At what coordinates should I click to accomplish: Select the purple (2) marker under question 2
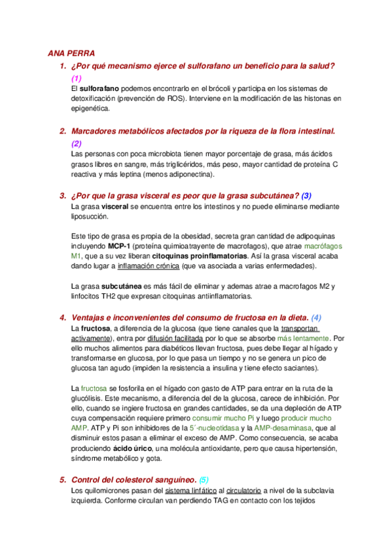[76, 143]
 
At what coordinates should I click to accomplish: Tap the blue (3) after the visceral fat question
[306, 195]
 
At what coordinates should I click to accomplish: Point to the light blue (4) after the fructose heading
[317, 317]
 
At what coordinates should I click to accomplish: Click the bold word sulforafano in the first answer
[100, 88]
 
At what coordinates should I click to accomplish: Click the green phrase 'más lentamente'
[303, 339]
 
